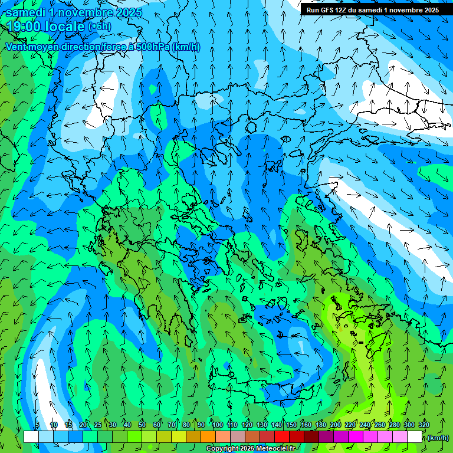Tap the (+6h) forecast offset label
pyautogui.click(x=99, y=27)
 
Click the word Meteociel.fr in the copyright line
pyautogui.click(x=271, y=449)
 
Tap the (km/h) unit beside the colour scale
pyautogui.click(x=438, y=438)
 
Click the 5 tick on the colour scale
pyautogui.click(x=38, y=425)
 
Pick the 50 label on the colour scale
pyautogui.click(x=142, y=425)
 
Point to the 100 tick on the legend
pyautogui.click(x=217, y=425)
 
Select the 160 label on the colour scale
pyautogui.click(x=306, y=425)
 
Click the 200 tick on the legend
pyautogui.click(x=336, y=425)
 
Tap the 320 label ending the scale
pyautogui.click(x=424, y=425)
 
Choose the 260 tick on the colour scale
pyautogui.click(x=380, y=425)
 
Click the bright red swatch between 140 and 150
pyautogui.click(x=283, y=437)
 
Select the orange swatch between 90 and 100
pyautogui.click(x=209, y=437)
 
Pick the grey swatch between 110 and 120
pyautogui.click(x=238, y=437)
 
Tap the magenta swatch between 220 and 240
pyautogui.click(x=357, y=437)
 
